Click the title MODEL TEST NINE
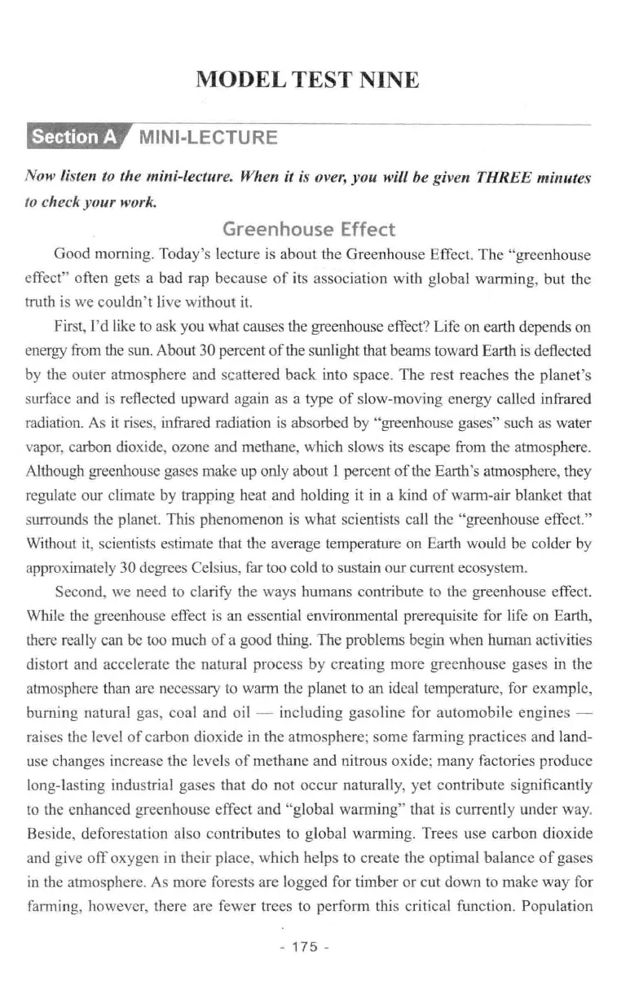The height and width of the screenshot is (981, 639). tap(308, 81)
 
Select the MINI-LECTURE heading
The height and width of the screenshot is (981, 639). tap(208, 137)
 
